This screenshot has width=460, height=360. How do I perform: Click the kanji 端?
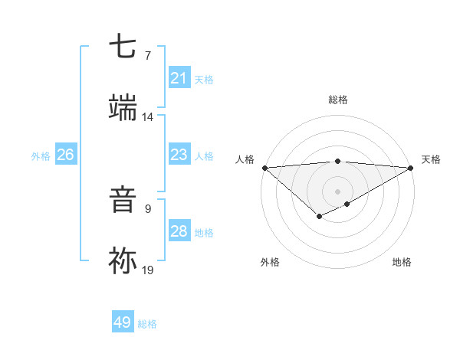pyautogui.click(x=123, y=106)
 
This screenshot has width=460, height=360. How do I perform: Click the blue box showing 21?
pyautogui.click(x=179, y=78)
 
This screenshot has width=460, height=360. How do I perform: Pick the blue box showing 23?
pyautogui.click(x=179, y=155)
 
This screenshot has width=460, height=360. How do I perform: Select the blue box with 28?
pyautogui.click(x=179, y=231)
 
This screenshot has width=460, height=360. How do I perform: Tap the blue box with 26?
pyautogui.click(x=65, y=155)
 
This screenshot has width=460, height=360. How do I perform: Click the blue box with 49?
pyautogui.click(x=123, y=322)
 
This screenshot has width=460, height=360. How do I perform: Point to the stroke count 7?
pyautogui.click(x=148, y=56)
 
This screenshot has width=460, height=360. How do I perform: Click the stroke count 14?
pyautogui.click(x=147, y=117)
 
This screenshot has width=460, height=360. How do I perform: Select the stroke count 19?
pyautogui.click(x=147, y=270)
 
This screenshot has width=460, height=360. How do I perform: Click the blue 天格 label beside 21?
pyautogui.click(x=204, y=79)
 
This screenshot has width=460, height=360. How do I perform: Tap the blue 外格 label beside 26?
pyautogui.click(x=41, y=155)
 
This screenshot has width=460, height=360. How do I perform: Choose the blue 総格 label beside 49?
pyautogui.click(x=147, y=323)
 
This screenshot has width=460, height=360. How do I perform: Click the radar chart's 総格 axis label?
pyautogui.click(x=337, y=100)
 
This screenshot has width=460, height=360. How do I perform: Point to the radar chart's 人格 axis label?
pyautogui.click(x=245, y=159)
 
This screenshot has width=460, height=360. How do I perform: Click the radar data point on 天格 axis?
pyautogui.click(x=411, y=168)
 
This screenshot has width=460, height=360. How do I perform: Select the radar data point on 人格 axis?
pyautogui.click(x=264, y=168)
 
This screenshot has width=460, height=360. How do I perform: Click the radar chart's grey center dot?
pyautogui.click(x=337, y=191)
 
